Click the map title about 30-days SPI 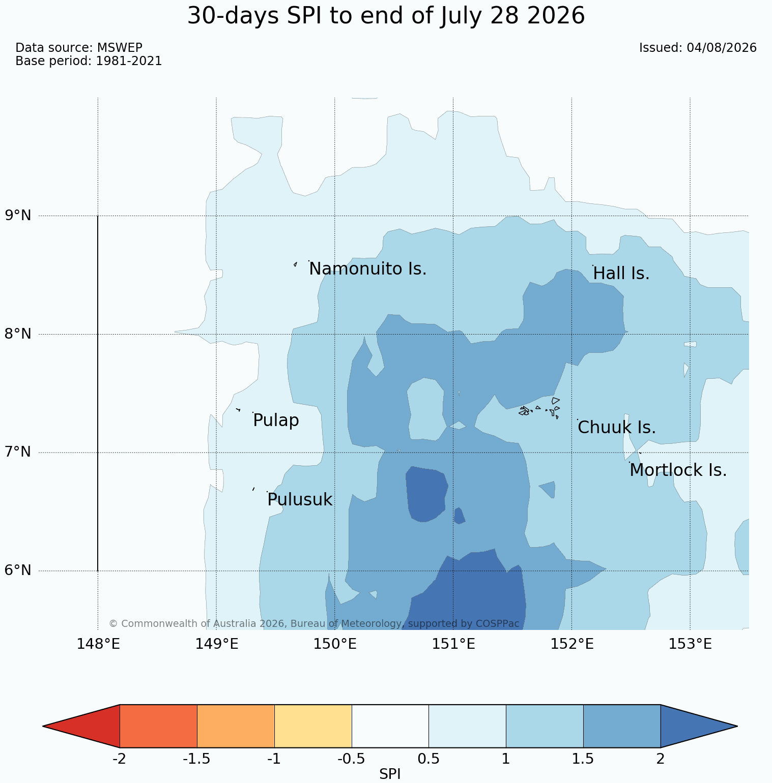pyautogui.click(x=386, y=16)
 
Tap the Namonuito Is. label pyautogui.click(x=368, y=269)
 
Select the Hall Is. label pyautogui.click(x=621, y=274)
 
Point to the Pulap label pyautogui.click(x=276, y=420)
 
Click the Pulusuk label pyautogui.click(x=300, y=500)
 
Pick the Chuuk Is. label pyautogui.click(x=617, y=428)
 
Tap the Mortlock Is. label pyautogui.click(x=678, y=470)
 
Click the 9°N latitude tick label pyautogui.click(x=18, y=216)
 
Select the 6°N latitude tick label pyautogui.click(x=18, y=570)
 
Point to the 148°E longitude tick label pyautogui.click(x=98, y=644)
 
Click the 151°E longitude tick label pyautogui.click(x=453, y=644)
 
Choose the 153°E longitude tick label pyautogui.click(x=690, y=644)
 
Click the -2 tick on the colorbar pyautogui.click(x=120, y=759)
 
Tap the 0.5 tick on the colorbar pyautogui.click(x=428, y=759)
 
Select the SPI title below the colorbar pyautogui.click(x=390, y=774)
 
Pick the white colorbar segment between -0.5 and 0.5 pyautogui.click(x=390, y=726)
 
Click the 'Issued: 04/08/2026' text pyautogui.click(x=698, y=48)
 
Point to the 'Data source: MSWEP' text pyautogui.click(x=79, y=48)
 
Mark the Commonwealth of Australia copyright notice pyautogui.click(x=314, y=623)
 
